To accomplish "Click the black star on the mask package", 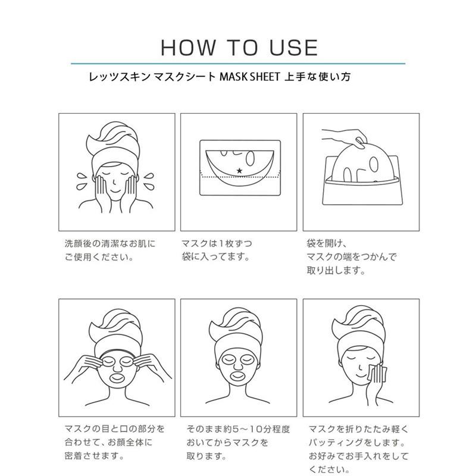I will (x=239, y=171).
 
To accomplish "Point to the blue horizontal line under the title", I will (x=238, y=63).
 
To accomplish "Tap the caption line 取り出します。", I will (x=336, y=271).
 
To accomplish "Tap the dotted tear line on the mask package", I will (x=239, y=178).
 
